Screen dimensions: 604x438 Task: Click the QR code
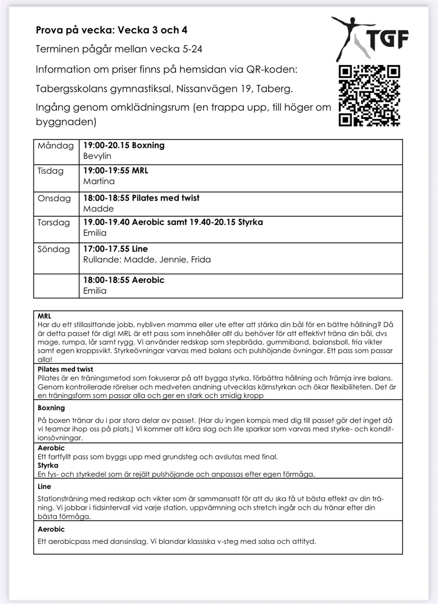pos(369,95)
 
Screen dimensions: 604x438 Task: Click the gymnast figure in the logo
pos(350,37)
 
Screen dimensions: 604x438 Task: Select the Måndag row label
pos(56,146)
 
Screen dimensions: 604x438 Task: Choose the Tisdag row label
pos(50,171)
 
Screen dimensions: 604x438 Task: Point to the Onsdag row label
pos(54,198)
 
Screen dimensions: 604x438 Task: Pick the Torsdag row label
pos(53,223)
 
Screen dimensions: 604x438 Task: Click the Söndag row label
pos(53,249)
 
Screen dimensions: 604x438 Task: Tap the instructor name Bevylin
pos(97,156)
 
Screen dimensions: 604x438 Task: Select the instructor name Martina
pos(99,181)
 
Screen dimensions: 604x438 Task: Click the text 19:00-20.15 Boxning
pos(124,145)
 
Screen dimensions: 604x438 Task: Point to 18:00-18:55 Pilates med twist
pos(141,198)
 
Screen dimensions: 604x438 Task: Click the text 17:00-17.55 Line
pos(116,249)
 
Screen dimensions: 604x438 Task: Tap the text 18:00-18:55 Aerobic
pos(124,280)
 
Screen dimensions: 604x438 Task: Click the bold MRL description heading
pos(44,316)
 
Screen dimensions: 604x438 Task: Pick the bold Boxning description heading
pos(51,408)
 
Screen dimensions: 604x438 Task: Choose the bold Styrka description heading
pos(48,465)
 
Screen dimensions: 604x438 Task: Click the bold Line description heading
pos(44,487)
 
